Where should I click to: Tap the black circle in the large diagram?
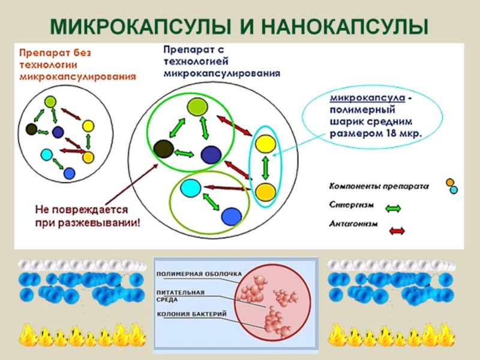coord(163,148)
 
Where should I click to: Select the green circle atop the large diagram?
coord(197,107)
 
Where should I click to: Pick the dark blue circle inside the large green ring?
coord(211,155)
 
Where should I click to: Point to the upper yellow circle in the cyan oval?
coord(265,145)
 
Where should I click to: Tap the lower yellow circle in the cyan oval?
coord(265,191)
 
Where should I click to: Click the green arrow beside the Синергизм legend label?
coord(392,208)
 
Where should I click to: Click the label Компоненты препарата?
coord(378,186)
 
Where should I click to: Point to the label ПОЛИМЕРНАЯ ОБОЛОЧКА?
coord(199,274)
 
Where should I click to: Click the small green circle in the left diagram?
coord(50,101)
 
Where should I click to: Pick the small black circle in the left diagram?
coord(32,128)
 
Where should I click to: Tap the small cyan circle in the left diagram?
coord(46,154)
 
